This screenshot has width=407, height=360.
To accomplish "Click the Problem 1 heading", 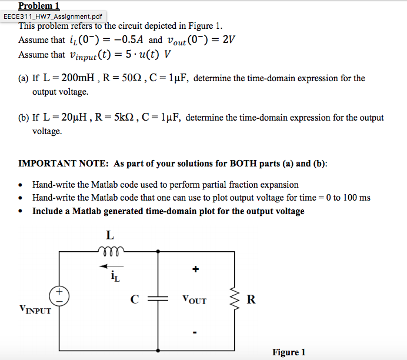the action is pos(43,6).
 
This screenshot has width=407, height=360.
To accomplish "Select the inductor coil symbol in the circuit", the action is pos(109,249).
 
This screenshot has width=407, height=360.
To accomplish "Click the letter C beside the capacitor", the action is pos(135,299).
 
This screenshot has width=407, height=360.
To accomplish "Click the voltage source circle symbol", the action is pos(60,295).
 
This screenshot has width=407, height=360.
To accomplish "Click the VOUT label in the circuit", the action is pos(195,300).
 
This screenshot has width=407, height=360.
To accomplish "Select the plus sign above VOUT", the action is pos(195,269).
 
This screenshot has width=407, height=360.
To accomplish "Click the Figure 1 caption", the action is pos(288,352).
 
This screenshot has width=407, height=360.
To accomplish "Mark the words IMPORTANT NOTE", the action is pos(64,163).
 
